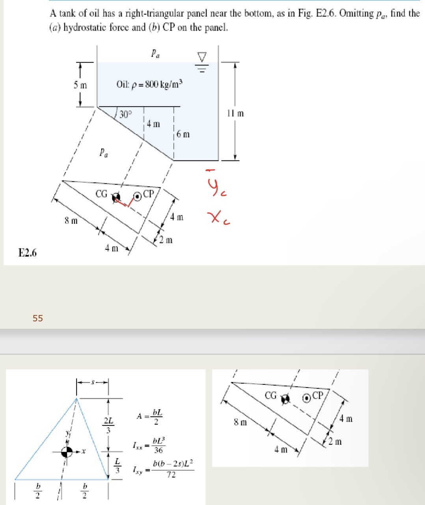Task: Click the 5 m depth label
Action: [80, 85]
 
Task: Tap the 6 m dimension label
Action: [183, 134]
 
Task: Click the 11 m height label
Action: [235, 114]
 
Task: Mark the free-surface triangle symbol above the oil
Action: [202, 58]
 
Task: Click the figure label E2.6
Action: [28, 253]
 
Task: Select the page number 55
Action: [38, 318]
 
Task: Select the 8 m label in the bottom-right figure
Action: [240, 423]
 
